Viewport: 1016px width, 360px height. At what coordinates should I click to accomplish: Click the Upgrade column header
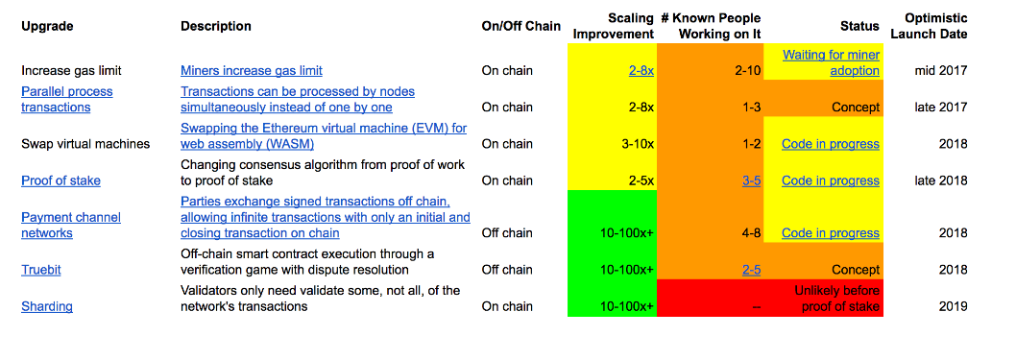click(x=47, y=27)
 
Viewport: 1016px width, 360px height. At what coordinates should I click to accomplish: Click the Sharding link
click(x=47, y=306)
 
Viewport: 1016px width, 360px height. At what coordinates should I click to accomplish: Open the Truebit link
click(x=41, y=270)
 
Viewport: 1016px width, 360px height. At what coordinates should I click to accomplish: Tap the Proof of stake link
click(x=60, y=180)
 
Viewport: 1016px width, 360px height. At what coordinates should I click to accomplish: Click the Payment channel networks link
click(x=71, y=225)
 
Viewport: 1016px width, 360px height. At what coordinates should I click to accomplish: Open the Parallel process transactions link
click(x=67, y=99)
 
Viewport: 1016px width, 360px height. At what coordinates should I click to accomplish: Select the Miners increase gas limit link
click(x=252, y=70)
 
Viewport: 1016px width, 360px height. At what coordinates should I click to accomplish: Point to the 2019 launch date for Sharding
click(x=954, y=306)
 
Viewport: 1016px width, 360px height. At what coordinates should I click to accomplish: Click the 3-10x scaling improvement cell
click(x=636, y=144)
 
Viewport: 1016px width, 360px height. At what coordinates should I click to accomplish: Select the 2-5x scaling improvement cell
click(x=640, y=180)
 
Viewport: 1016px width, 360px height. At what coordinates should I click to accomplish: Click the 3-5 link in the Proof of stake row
click(x=751, y=180)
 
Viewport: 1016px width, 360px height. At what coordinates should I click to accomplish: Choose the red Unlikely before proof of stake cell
click(x=837, y=299)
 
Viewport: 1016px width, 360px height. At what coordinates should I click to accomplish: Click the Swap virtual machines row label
click(x=85, y=144)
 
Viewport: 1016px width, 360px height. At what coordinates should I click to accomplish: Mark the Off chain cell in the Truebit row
click(x=506, y=270)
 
